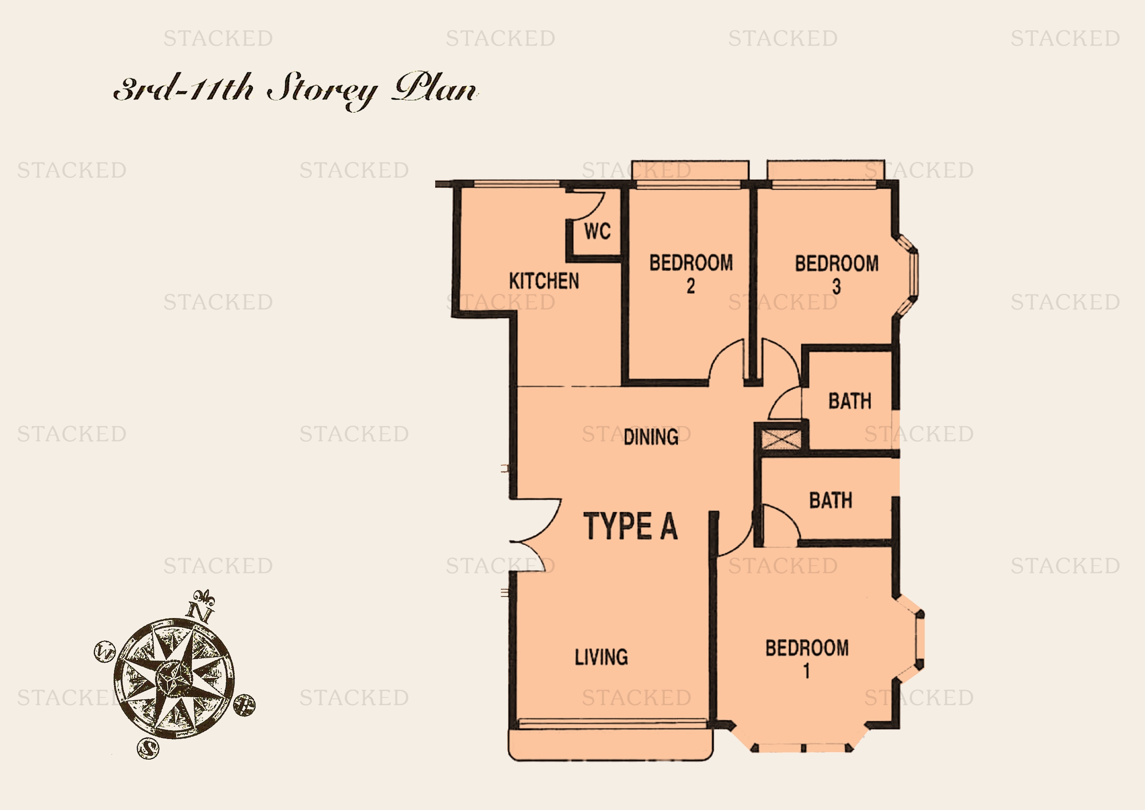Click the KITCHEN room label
[x=544, y=281]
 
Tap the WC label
[x=597, y=231]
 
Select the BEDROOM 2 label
[x=691, y=274]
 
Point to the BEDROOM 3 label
[x=837, y=274]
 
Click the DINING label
[x=651, y=437]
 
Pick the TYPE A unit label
[x=631, y=526]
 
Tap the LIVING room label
[x=602, y=657]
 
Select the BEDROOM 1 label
[x=807, y=658]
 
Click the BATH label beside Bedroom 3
[x=850, y=401]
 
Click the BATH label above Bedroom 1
[x=831, y=500]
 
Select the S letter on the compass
[x=148, y=748]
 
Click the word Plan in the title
[x=435, y=88]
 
